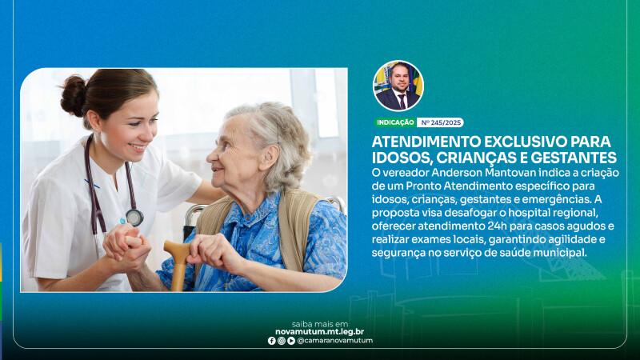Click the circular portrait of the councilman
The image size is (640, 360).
398,86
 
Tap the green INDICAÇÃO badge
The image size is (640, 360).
395,122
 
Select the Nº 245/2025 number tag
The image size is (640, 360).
441,122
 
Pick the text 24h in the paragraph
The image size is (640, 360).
497,226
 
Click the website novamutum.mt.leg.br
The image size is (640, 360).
319,332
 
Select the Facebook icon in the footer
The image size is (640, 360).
271,341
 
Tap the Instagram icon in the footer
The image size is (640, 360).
282,341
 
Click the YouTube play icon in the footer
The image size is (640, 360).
291,341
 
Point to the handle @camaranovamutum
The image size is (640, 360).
334,341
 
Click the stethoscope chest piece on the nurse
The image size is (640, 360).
134,218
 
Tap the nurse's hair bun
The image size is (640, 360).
74,95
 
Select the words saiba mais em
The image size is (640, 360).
319,324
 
